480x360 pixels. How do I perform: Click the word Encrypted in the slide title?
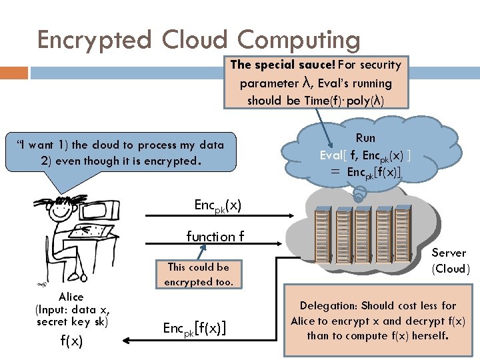click(94, 40)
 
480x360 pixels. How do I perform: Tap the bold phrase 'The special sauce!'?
click(283, 65)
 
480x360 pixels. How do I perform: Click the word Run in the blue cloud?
click(365, 138)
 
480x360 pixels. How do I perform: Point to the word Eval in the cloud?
click(331, 155)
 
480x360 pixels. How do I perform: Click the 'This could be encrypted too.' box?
click(198, 274)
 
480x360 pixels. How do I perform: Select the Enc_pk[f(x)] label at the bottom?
click(194, 327)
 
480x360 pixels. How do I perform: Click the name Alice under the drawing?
click(71, 297)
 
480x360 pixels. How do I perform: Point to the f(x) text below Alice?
click(71, 341)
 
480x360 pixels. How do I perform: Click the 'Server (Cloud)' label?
click(450, 261)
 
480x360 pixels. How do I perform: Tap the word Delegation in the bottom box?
click(328, 305)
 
